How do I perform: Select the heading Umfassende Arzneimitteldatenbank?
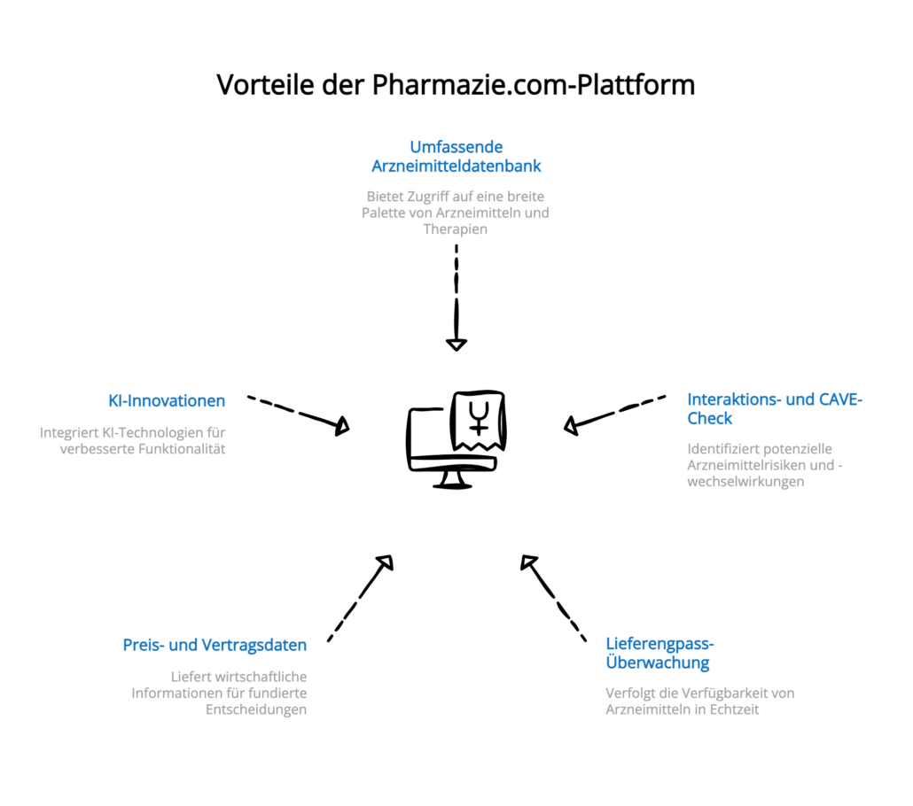pyautogui.click(x=456, y=156)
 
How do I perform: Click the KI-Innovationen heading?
pyautogui.click(x=167, y=401)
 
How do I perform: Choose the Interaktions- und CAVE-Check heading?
pyautogui.click(x=775, y=408)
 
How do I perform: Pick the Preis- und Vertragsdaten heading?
pyautogui.click(x=215, y=645)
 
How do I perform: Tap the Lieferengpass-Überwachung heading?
pyautogui.click(x=659, y=653)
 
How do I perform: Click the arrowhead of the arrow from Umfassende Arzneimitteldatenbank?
pyautogui.click(x=456, y=344)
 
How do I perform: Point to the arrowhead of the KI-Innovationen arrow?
pyautogui.click(x=341, y=427)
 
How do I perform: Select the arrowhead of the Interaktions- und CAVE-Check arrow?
pyautogui.click(x=571, y=427)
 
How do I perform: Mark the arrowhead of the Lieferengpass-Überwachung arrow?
pyautogui.click(x=529, y=562)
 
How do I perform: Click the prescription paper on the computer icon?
pyautogui.click(x=479, y=420)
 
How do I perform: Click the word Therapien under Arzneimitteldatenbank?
pyautogui.click(x=456, y=229)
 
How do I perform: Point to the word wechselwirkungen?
pyautogui.click(x=745, y=481)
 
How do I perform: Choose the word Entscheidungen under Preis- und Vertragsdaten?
pyautogui.click(x=257, y=709)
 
